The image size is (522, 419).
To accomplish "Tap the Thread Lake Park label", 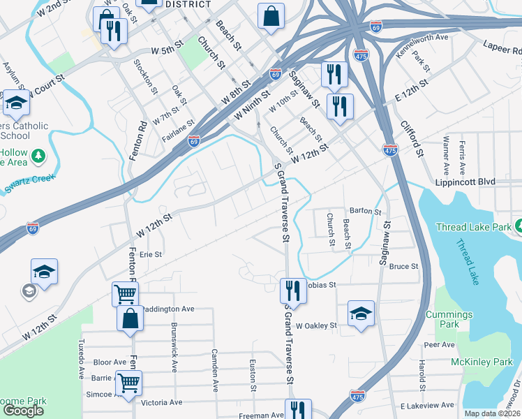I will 472,227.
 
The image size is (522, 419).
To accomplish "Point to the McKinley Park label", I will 482,361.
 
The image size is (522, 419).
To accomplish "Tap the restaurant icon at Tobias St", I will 293,291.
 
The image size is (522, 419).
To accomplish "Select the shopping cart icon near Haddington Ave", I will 125,294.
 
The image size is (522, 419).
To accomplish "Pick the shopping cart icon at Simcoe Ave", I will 128,383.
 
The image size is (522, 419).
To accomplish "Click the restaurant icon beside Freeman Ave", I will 297,410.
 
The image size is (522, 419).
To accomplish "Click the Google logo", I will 23,410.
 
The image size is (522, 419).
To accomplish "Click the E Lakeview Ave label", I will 427,406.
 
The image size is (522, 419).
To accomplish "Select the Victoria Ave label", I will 161,402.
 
